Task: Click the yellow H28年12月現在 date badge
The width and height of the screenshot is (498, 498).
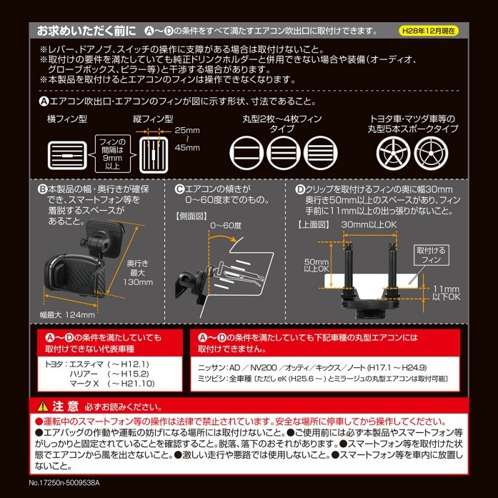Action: pos(428,31)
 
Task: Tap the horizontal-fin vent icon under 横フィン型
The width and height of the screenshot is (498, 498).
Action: pos(67,155)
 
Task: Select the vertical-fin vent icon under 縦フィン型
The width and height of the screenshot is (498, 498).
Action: pos(154,155)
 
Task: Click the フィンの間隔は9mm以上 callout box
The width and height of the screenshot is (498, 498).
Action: pos(113,154)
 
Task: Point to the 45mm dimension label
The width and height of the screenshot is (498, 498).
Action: pos(187,148)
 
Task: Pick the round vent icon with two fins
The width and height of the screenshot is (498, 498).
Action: pos(246,153)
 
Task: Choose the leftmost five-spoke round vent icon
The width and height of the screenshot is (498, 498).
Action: pos(393,153)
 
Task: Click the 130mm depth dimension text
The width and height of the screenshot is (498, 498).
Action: pos(138,282)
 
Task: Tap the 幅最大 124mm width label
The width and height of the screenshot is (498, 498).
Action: pos(67,315)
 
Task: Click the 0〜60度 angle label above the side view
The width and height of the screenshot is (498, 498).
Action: pos(226,226)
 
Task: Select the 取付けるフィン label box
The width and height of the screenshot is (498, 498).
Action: pos(432,255)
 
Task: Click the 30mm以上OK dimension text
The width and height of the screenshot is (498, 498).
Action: pos(369,224)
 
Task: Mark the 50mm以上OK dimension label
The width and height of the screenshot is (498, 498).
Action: pos(317,265)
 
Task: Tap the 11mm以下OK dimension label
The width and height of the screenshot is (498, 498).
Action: pos(447,293)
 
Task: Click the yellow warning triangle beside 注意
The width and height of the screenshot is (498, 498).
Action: pos(43,407)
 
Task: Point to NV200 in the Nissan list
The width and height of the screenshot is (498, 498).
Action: pos(264,367)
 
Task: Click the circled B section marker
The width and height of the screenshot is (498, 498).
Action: pos(43,189)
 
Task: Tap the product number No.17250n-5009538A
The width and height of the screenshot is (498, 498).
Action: pos(64,483)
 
